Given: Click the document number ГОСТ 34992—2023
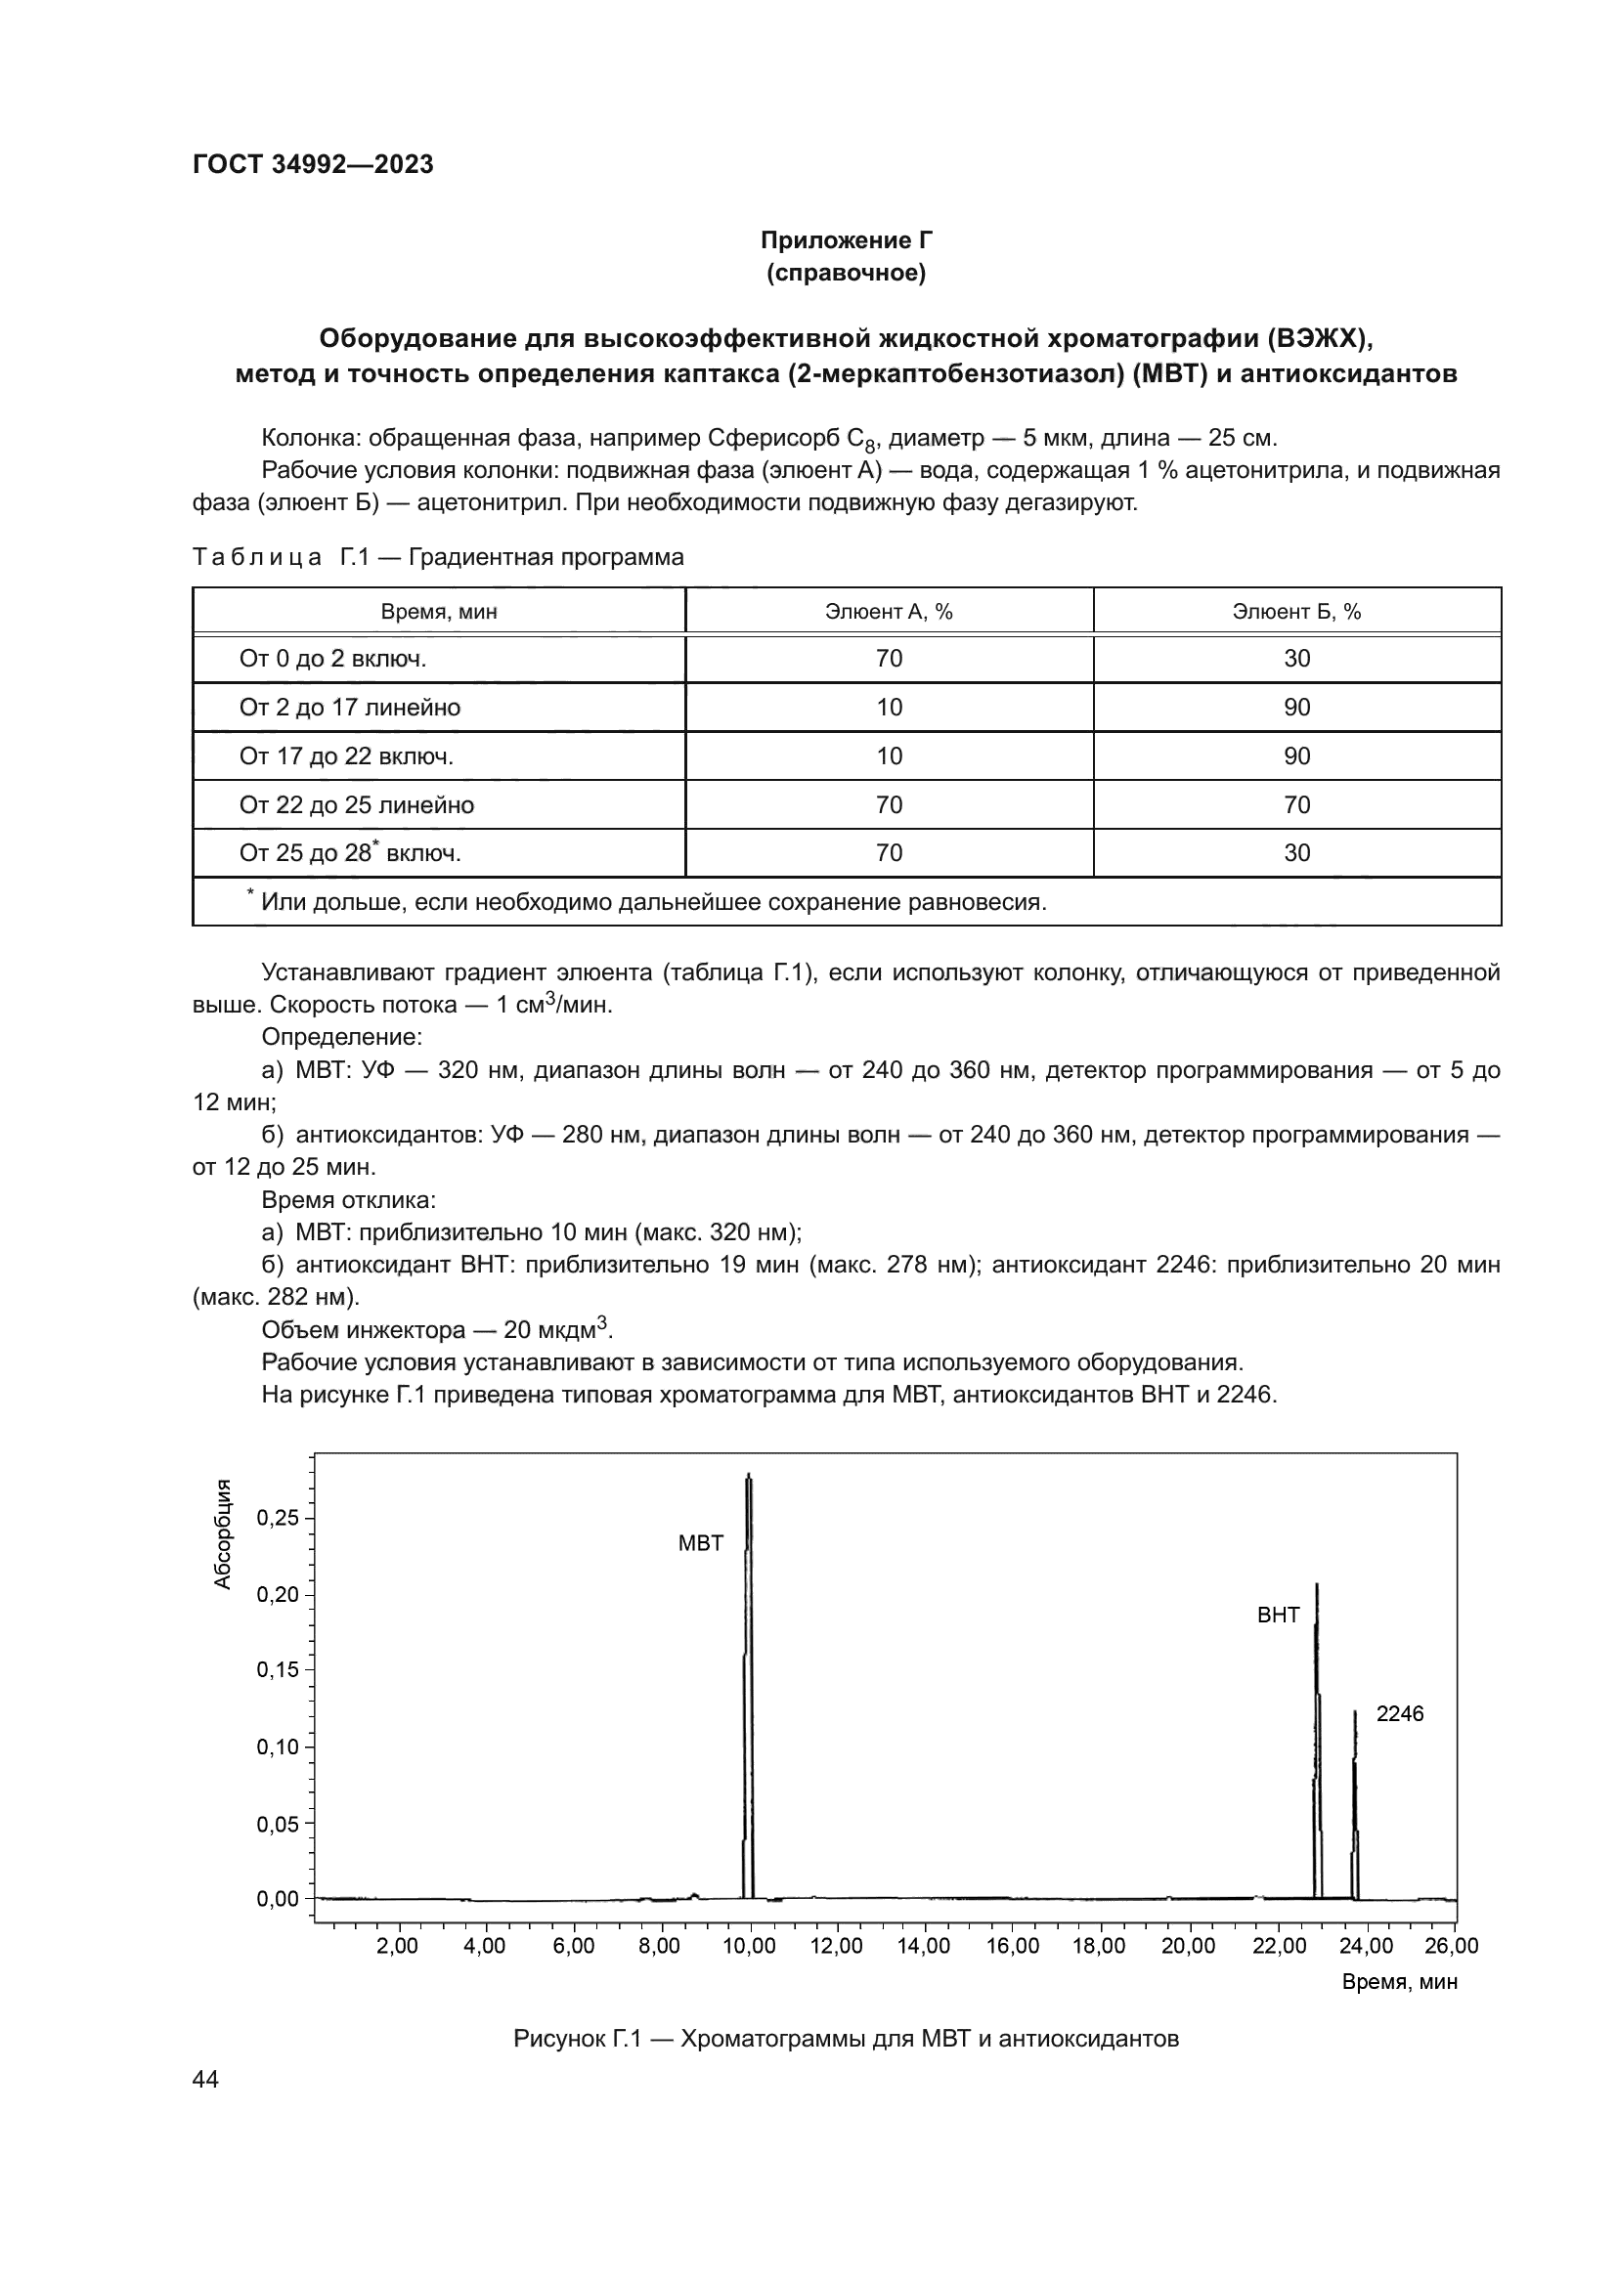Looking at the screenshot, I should click(x=313, y=164).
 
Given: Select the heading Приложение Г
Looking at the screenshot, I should click(x=846, y=240).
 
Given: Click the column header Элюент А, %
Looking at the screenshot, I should click(x=888, y=611).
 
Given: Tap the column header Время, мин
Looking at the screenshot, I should click(x=439, y=611).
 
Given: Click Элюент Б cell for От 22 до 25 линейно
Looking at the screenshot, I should click(x=1296, y=804).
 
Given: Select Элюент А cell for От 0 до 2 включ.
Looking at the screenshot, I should click(x=888, y=659).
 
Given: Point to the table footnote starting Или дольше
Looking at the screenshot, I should click(x=652, y=902).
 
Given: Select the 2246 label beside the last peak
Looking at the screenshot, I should click(x=1399, y=1713).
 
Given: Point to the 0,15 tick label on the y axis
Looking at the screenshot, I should click(x=278, y=1669).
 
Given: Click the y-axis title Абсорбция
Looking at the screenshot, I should click(x=223, y=1534).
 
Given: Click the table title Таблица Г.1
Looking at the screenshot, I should click(x=438, y=556).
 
